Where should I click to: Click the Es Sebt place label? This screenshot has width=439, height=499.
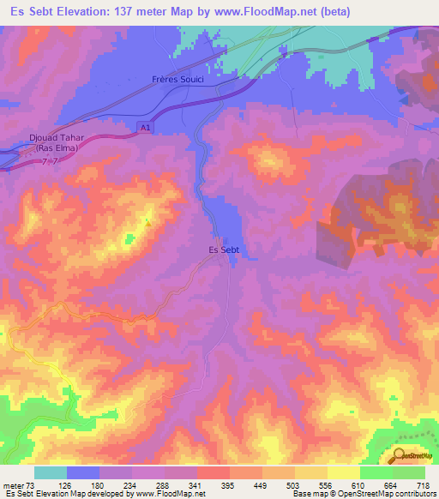coord(223,249)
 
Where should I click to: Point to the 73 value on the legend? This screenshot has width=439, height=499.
coord(32,486)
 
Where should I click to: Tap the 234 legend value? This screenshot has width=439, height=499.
coord(130,486)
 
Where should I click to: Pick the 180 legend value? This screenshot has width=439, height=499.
coord(97,486)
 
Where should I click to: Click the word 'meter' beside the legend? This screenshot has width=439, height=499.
coord(13,486)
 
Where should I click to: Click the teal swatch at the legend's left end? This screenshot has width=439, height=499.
coord(50,472)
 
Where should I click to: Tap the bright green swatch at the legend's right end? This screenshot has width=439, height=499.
coord(408,472)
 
